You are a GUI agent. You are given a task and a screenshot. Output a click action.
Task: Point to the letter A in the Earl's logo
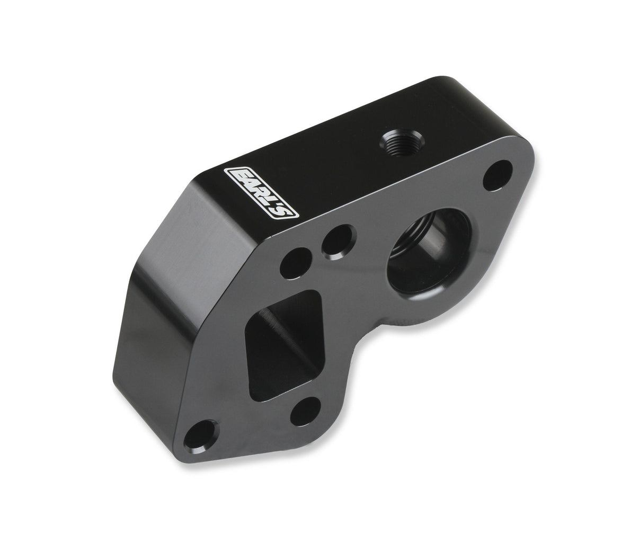pos(247,184)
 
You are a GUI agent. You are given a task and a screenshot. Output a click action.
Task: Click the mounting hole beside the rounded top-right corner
pos(498,176)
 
